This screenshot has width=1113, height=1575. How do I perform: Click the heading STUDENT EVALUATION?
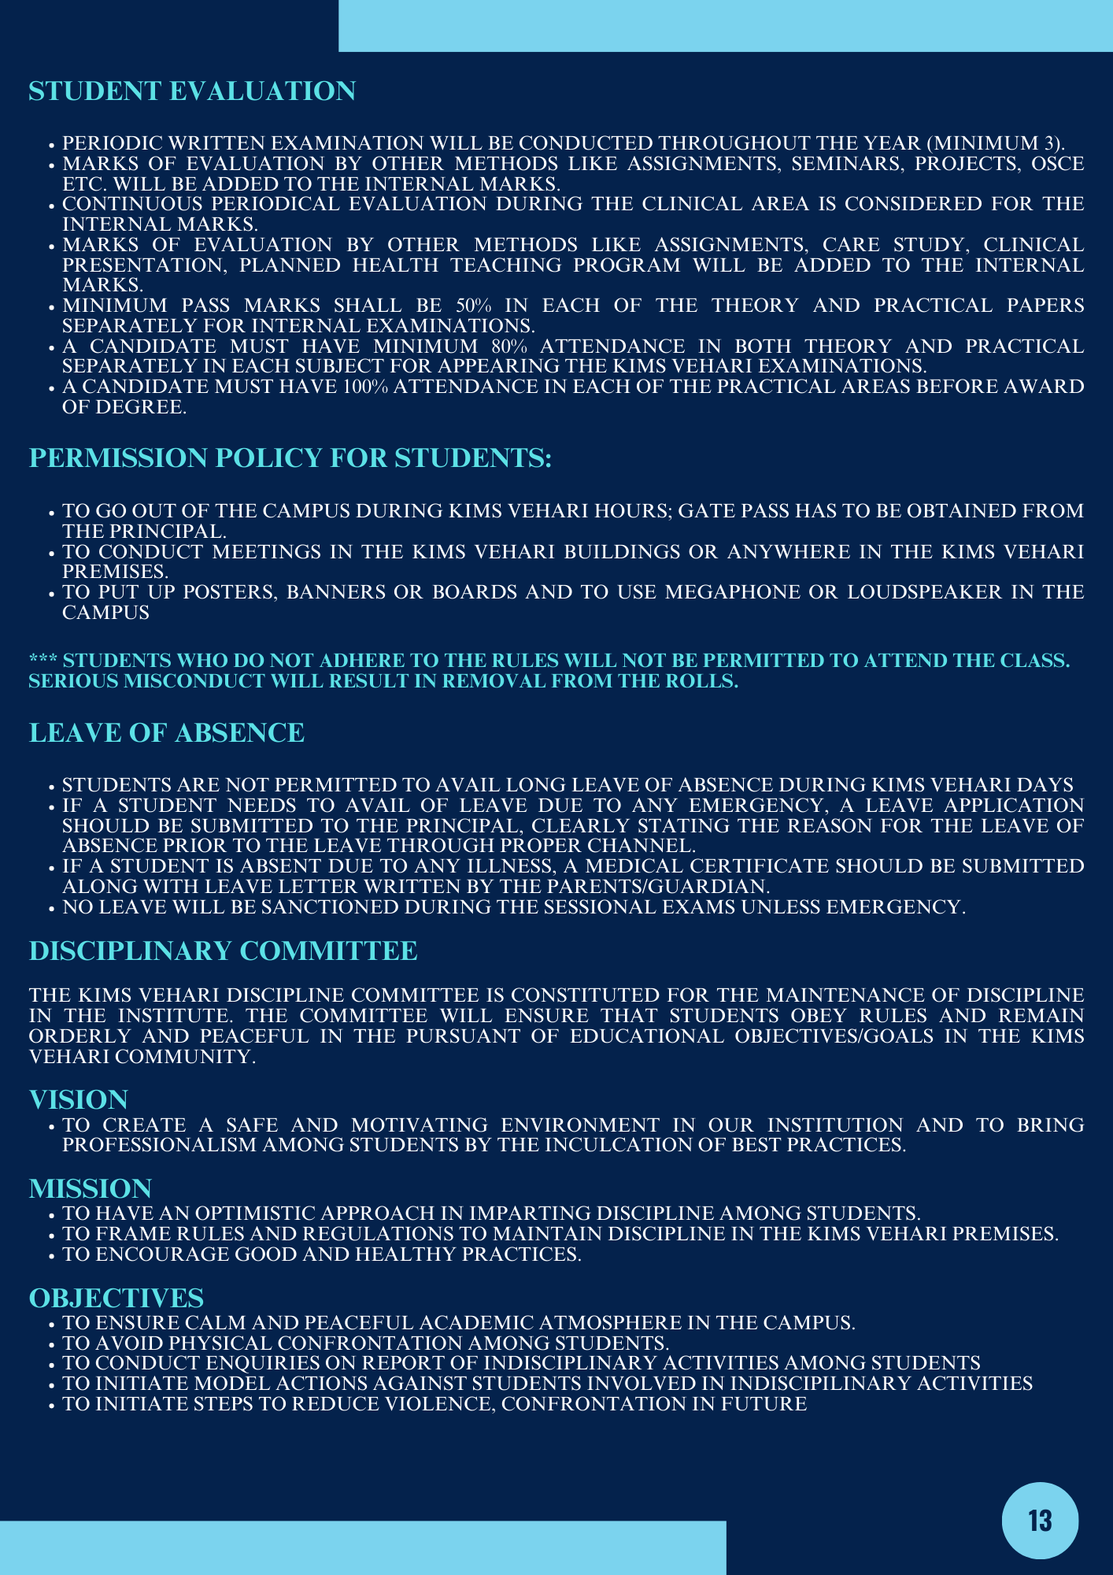(192, 91)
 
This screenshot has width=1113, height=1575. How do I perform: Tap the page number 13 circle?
(1040, 1521)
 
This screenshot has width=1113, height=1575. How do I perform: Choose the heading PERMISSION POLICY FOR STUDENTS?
(290, 458)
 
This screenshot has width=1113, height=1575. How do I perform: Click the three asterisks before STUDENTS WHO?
(43, 661)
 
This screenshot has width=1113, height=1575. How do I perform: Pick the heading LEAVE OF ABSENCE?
(166, 733)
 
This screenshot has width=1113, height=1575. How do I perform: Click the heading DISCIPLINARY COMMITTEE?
(223, 951)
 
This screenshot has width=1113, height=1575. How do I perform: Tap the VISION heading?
(78, 1099)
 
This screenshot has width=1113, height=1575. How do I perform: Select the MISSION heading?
(90, 1188)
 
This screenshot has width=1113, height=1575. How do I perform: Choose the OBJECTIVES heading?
(116, 1298)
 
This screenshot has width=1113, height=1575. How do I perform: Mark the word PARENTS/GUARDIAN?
(658, 887)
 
